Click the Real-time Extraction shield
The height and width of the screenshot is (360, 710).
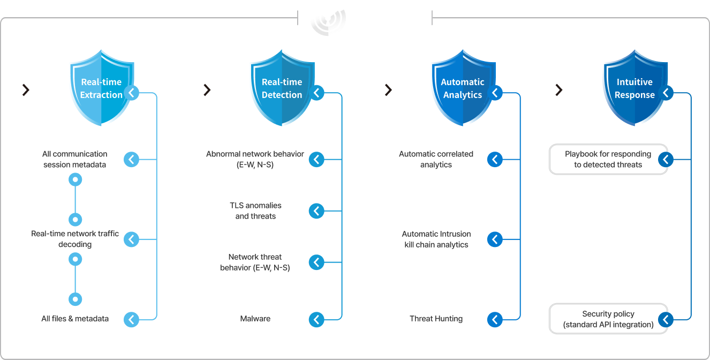[101, 88]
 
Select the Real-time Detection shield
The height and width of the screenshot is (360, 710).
[282, 88]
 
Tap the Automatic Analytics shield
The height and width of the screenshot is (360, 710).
[462, 88]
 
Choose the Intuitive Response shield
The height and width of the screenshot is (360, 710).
[635, 88]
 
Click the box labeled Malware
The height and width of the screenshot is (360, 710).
[255, 319]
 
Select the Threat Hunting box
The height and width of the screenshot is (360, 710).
[436, 319]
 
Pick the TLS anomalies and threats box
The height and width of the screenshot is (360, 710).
[255, 211]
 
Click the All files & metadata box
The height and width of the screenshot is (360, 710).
[74, 319]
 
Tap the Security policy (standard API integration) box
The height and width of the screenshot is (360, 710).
[608, 319]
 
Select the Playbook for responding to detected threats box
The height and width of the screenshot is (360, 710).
[608, 159]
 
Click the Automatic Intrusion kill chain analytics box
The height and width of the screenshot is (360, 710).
[436, 239]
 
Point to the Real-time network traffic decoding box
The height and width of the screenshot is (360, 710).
[74, 239]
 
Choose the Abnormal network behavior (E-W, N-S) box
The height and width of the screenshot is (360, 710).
[255, 159]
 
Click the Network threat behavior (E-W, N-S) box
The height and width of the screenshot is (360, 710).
[255, 262]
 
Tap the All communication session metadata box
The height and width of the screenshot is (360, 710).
[74, 159]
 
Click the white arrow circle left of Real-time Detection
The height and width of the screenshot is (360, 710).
[207, 90]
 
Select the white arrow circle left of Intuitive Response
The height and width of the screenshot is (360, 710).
[559, 90]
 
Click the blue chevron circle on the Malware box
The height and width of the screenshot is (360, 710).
[317, 320]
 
